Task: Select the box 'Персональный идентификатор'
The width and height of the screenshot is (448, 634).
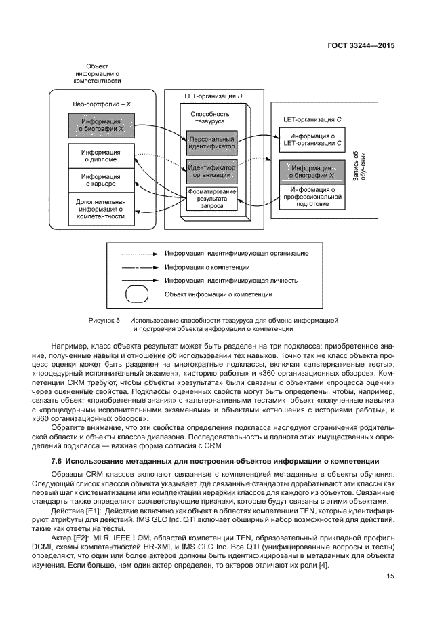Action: coord(212,142)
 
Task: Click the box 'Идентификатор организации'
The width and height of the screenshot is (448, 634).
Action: coord(212,171)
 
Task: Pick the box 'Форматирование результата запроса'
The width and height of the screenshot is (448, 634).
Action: coord(212,200)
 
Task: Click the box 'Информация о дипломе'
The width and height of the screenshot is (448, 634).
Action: coord(100,156)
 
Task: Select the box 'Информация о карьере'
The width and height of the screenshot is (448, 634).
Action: coord(100,180)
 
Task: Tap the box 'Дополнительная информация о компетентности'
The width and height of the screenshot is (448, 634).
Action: coord(100,209)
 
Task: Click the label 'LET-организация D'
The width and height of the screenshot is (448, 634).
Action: coord(213,96)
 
